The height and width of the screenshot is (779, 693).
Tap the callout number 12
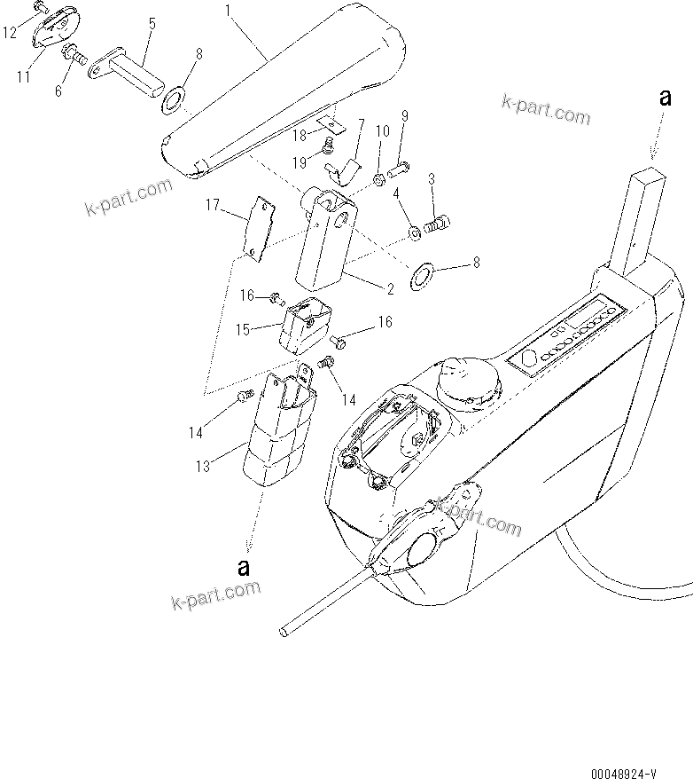tap(10, 33)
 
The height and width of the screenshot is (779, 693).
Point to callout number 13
tap(204, 466)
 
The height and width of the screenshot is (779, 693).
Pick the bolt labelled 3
tap(439, 225)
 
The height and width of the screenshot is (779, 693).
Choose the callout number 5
tap(152, 24)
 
